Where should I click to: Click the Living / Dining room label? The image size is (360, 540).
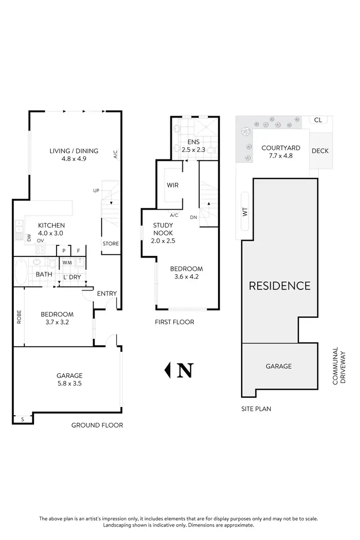click(74, 151)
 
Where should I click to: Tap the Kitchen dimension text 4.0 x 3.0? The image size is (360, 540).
click(51, 233)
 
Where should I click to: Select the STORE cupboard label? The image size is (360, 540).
click(110, 244)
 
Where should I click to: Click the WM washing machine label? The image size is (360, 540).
click(66, 263)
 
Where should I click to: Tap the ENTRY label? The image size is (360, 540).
click(107, 294)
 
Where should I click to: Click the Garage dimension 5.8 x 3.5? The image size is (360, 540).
click(70, 383)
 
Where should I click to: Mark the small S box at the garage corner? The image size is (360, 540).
click(23, 420)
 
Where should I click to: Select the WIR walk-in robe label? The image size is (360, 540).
click(173, 185)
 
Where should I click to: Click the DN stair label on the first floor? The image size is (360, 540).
click(193, 217)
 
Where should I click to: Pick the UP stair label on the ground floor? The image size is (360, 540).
click(96, 191)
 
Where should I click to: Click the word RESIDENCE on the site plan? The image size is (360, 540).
click(279, 286)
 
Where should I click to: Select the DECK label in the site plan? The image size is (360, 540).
click(320, 151)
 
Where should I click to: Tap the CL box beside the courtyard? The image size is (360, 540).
click(318, 120)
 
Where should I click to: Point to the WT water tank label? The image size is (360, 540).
click(245, 212)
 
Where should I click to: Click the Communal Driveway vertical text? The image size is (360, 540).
click(339, 366)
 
